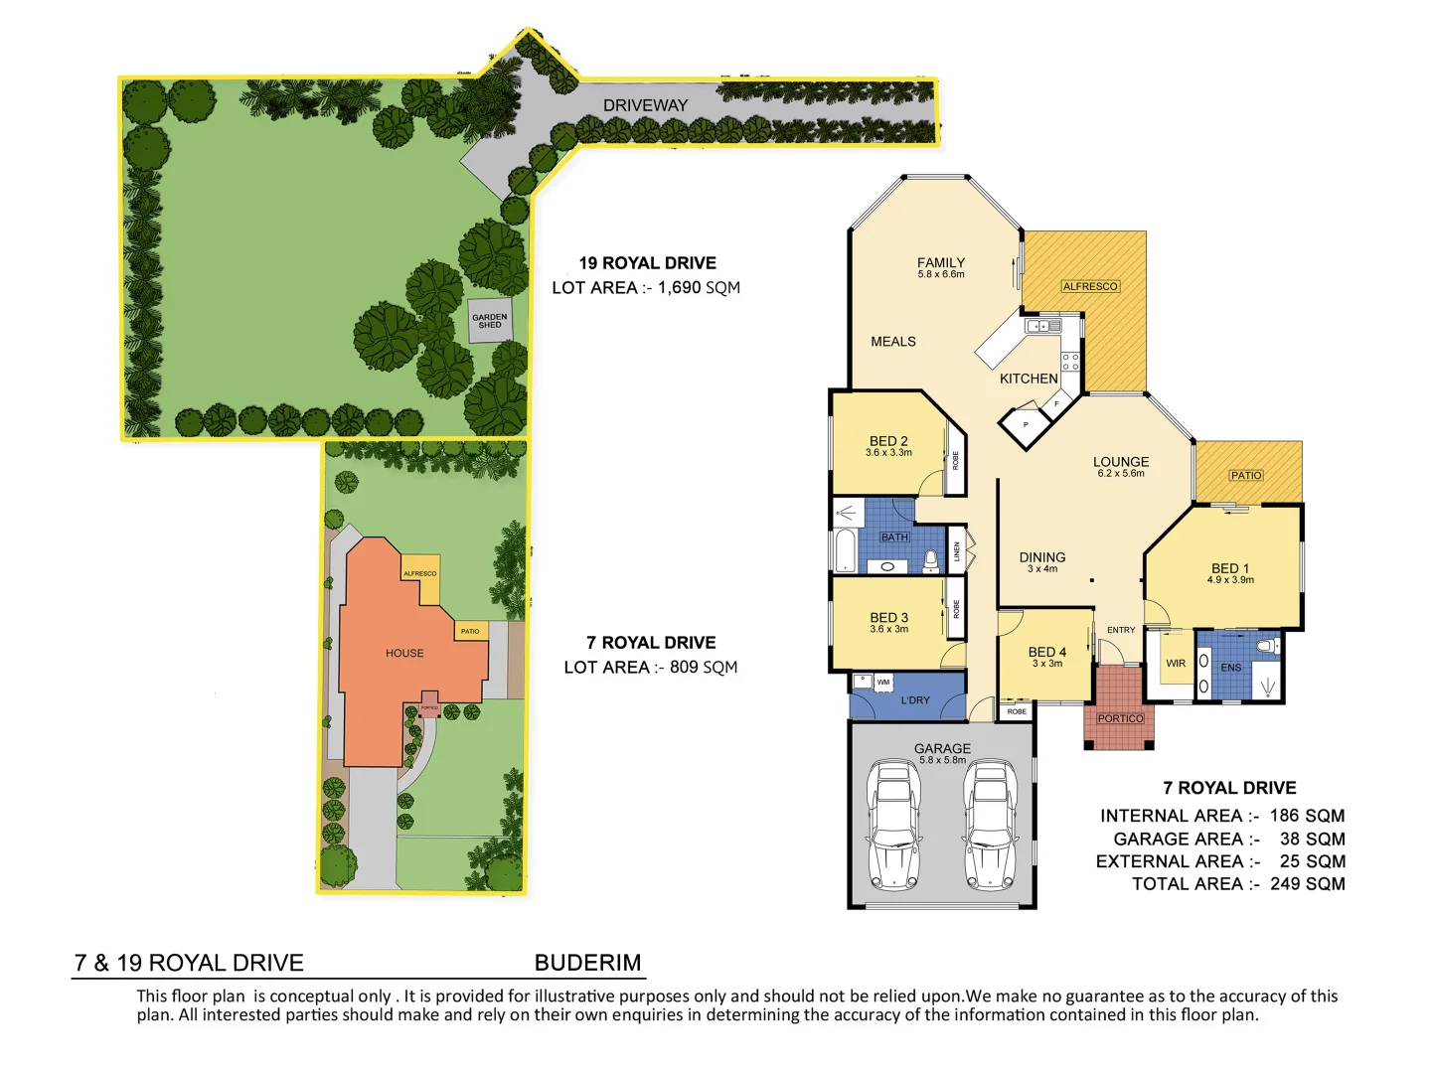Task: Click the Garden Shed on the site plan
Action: tap(489, 321)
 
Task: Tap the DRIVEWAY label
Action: tap(645, 105)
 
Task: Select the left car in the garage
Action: tap(893, 825)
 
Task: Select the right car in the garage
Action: tap(991, 825)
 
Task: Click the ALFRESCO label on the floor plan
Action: tap(1090, 286)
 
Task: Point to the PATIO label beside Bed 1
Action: tap(1246, 475)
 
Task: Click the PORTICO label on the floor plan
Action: tap(1120, 718)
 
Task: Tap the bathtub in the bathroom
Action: tap(845, 550)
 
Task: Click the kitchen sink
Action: tap(1043, 325)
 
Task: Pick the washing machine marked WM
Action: tap(882, 682)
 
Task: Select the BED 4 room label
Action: tap(1047, 652)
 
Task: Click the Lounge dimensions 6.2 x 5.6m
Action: tap(1121, 474)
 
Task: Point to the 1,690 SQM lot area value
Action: tap(699, 287)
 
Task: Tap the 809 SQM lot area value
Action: tap(704, 667)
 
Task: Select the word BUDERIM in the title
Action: tap(587, 962)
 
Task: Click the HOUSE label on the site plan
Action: tap(404, 653)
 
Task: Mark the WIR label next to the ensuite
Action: tap(1176, 664)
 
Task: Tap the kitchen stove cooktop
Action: tap(1070, 361)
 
